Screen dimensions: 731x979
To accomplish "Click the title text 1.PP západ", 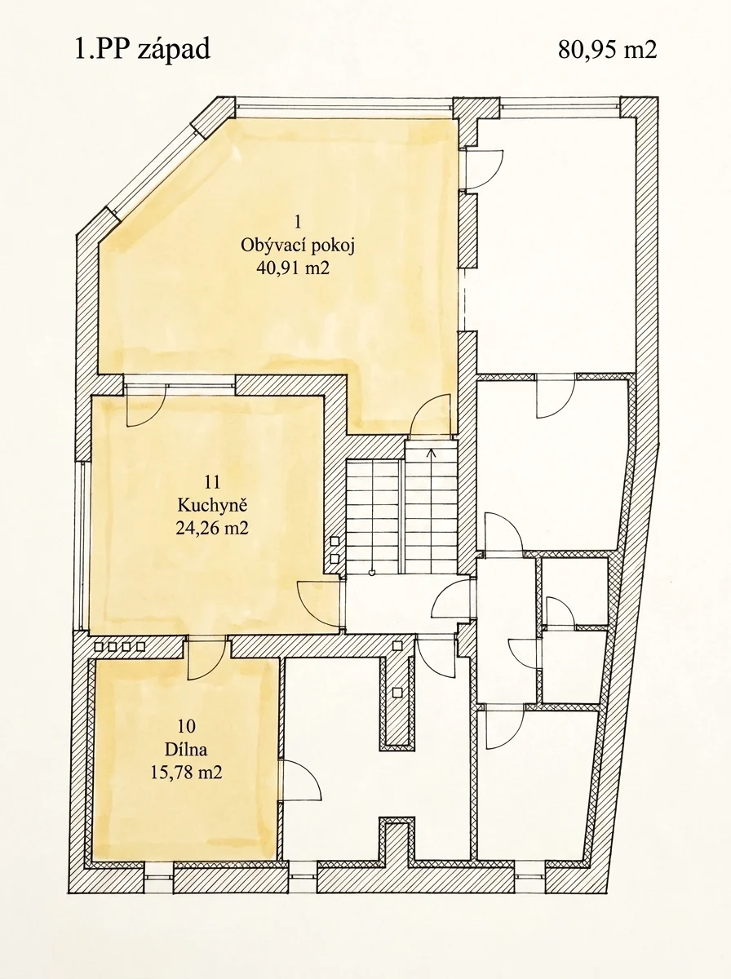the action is pos(142,51).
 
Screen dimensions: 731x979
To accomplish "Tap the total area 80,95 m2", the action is pos(607,51).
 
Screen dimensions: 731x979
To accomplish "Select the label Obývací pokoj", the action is pos(298,246).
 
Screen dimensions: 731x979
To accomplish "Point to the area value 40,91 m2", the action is pos(293,268).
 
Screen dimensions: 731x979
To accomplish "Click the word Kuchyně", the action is pos(212,506).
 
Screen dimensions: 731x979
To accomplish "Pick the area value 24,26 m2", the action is pos(212,528).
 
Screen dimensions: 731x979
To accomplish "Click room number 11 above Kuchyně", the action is pos(212,482).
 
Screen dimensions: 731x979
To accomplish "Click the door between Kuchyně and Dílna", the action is pos(206,658).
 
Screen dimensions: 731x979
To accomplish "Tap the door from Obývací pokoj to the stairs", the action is pos(431,415).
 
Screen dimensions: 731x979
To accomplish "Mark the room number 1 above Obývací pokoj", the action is pos(298,221).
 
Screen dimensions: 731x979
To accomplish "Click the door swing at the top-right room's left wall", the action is pos(484,170).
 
